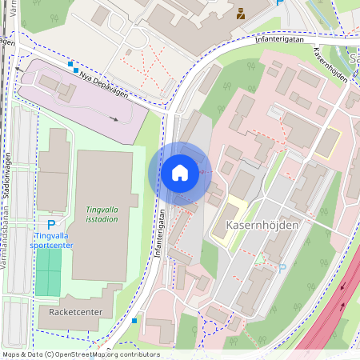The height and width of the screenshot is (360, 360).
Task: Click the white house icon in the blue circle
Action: (x=179, y=173)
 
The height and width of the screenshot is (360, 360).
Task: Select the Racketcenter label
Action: (x=74, y=310)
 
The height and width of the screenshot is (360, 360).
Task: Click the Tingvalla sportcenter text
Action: (x=54, y=241)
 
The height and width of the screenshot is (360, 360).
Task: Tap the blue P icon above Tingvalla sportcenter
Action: (x=51, y=226)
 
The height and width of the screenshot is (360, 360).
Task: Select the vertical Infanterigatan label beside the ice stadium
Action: (x=160, y=233)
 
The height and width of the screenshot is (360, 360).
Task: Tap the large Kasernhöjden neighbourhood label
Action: (x=262, y=226)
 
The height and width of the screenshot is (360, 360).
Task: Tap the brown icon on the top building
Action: (x=240, y=12)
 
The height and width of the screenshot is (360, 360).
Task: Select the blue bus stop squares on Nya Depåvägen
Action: (x=73, y=66)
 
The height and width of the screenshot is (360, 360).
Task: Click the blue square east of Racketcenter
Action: (x=134, y=320)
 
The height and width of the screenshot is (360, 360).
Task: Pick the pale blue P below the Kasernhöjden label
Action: (x=282, y=268)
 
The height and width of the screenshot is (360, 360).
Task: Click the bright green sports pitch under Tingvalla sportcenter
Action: (x=48, y=273)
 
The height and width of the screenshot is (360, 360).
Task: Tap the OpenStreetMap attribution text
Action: (x=81, y=354)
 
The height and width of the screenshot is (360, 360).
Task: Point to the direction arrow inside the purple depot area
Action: (x=115, y=119)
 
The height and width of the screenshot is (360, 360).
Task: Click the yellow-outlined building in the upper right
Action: (x=328, y=142)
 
